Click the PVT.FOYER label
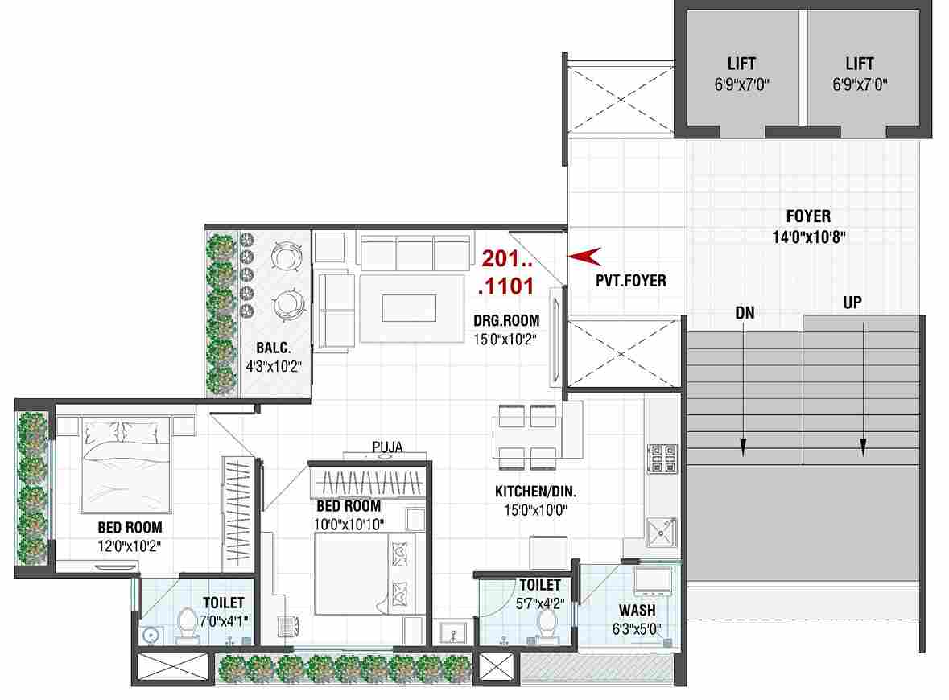pyautogui.click(x=630, y=281)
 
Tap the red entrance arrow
pyautogui.click(x=584, y=257)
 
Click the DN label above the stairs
pyautogui.click(x=745, y=313)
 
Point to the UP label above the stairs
pyautogui.click(x=852, y=303)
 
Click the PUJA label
pyautogui.click(x=387, y=447)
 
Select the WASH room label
pyautogui.click(x=637, y=611)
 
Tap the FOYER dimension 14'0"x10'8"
pyautogui.click(x=809, y=237)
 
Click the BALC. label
pyautogui.click(x=274, y=348)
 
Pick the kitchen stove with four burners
pyautogui.click(x=662, y=458)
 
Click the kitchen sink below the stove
pyautogui.click(x=662, y=533)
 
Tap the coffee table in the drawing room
pyautogui.click(x=409, y=308)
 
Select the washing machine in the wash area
pyautogui.click(x=653, y=581)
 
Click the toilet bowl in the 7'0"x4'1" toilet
pyautogui.click(x=187, y=626)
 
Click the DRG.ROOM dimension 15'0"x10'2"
pyautogui.click(x=505, y=340)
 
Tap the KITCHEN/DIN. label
pyautogui.click(x=535, y=492)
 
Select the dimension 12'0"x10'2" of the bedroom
pyautogui.click(x=130, y=546)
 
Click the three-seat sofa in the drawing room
pyautogui.click(x=415, y=253)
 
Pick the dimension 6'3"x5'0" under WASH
pyautogui.click(x=637, y=629)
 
